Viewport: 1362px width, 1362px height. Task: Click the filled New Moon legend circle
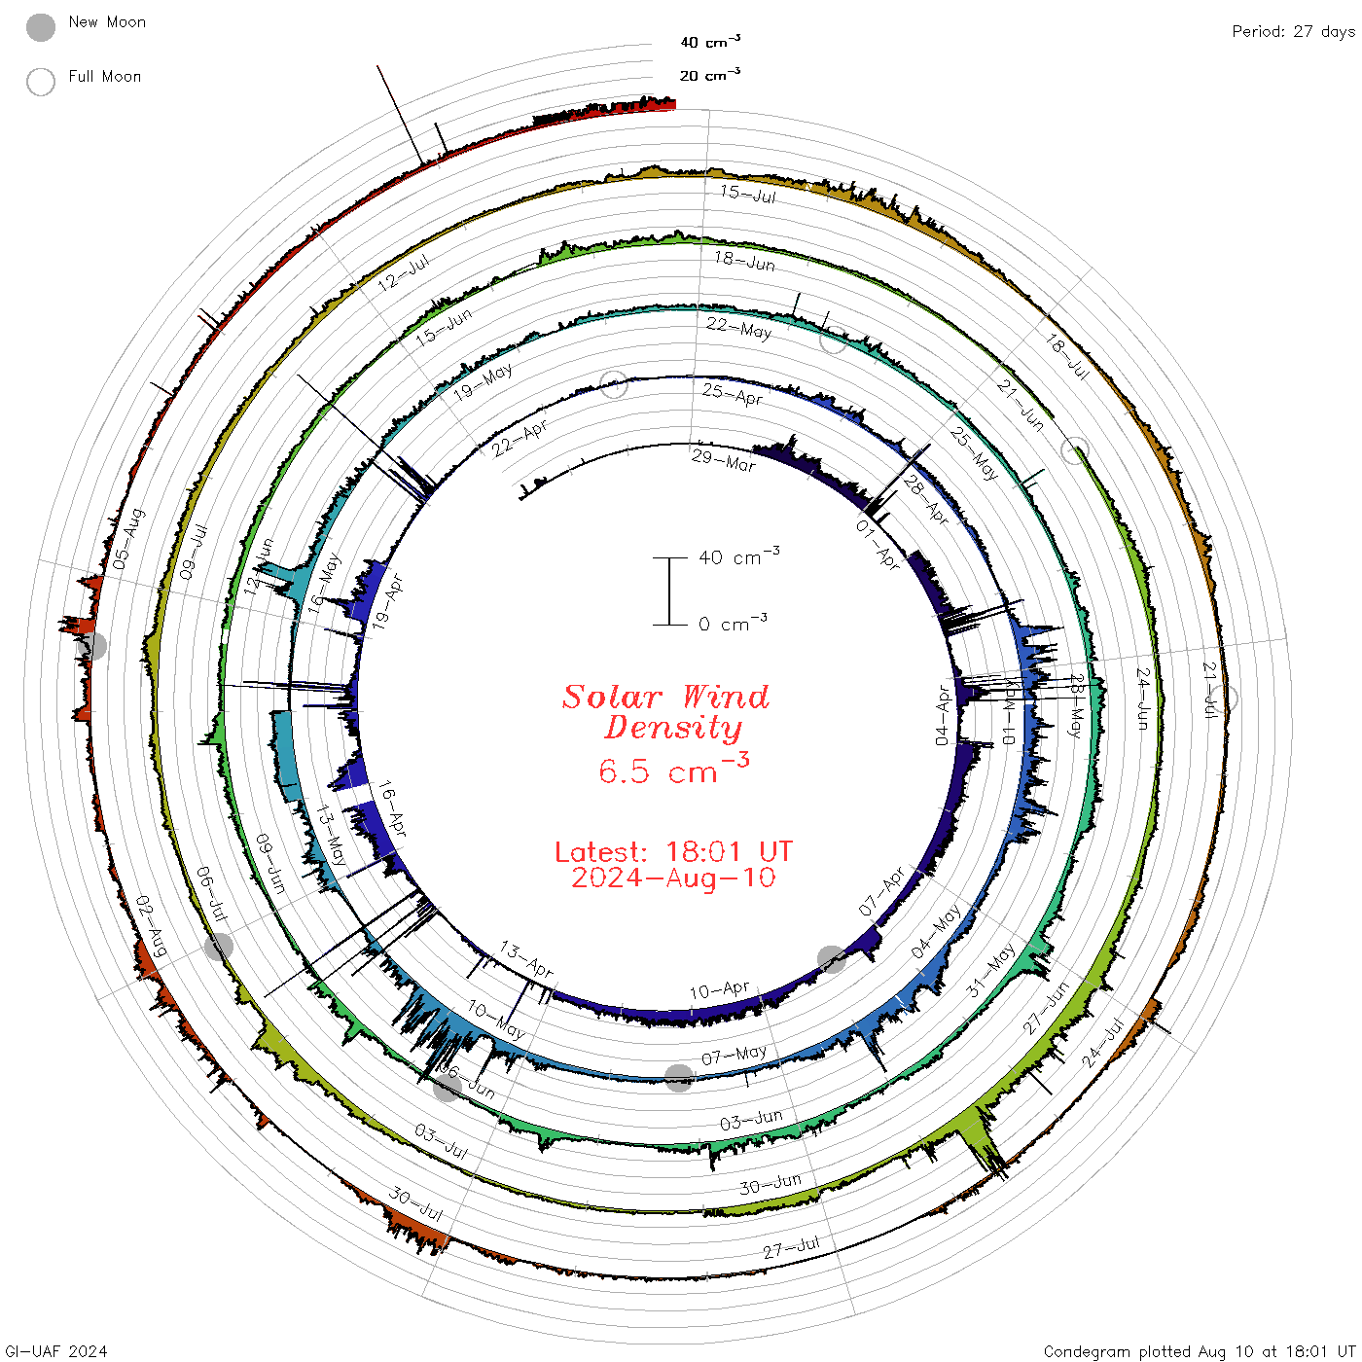click(41, 28)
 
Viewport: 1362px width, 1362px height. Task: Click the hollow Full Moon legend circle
click(41, 82)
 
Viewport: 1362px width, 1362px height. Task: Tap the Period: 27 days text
click(1293, 32)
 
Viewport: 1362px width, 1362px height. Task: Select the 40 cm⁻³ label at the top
click(710, 42)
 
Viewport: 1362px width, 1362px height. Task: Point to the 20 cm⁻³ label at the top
click(710, 75)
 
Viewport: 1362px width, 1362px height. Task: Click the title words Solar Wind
click(666, 697)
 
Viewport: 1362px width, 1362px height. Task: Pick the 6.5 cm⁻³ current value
click(673, 771)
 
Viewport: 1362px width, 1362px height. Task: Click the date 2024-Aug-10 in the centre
click(673, 878)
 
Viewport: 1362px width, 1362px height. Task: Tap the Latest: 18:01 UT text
click(673, 852)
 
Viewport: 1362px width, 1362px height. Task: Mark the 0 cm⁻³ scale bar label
click(734, 624)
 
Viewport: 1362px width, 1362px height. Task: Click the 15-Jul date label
click(748, 194)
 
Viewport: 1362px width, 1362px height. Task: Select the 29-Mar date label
click(724, 460)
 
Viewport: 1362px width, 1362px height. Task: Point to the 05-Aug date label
click(128, 539)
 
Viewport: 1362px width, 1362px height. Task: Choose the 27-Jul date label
click(791, 1247)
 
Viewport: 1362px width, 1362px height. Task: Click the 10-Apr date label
click(720, 991)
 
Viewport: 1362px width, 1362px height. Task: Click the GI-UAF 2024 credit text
click(55, 1351)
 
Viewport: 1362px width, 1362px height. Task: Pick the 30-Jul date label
click(416, 1203)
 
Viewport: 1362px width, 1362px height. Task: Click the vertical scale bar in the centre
click(669, 591)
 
